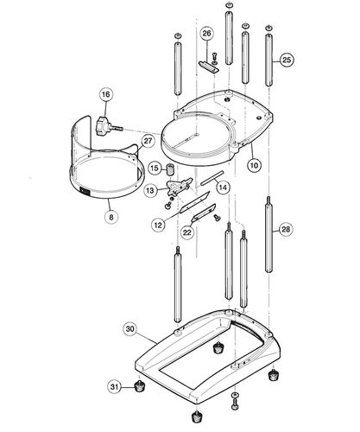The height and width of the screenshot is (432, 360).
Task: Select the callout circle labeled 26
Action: click(x=206, y=34)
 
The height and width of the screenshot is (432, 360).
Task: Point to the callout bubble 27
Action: click(x=148, y=141)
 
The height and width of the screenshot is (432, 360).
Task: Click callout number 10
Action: click(x=255, y=163)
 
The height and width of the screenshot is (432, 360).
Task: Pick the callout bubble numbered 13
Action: click(x=150, y=189)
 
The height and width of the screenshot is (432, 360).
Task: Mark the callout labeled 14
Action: click(x=222, y=187)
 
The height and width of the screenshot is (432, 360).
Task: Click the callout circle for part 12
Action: click(x=158, y=225)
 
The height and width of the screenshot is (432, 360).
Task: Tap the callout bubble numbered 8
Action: click(x=111, y=218)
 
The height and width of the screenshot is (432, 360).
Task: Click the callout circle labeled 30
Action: click(x=129, y=328)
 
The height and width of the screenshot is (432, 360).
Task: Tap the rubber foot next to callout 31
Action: click(x=136, y=386)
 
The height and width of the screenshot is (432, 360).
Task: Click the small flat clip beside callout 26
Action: click(x=206, y=62)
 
